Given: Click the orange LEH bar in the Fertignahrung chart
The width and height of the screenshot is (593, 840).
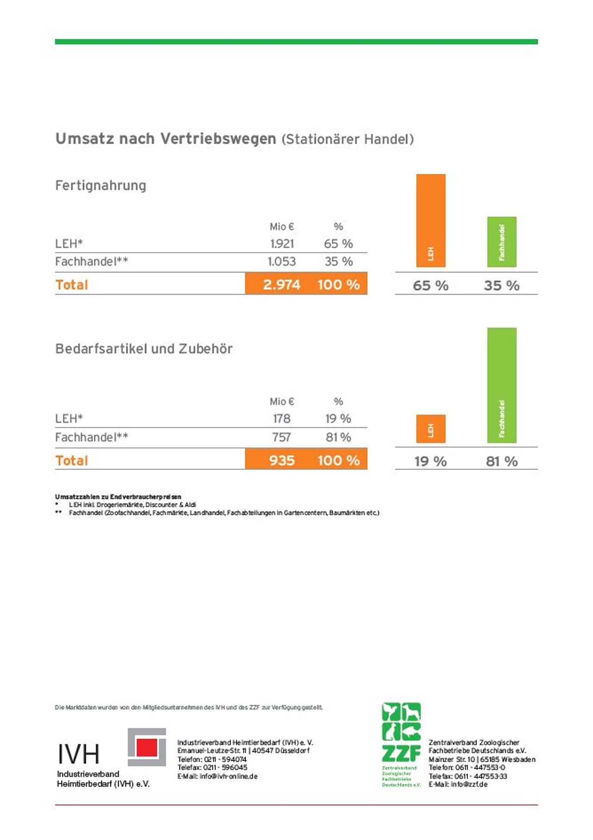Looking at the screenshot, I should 430,220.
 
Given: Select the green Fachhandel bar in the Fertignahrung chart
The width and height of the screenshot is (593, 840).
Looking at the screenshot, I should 501,241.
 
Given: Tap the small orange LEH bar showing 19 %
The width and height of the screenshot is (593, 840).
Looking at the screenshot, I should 430,429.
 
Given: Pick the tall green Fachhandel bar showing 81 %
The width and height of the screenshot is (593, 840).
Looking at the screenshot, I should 501,385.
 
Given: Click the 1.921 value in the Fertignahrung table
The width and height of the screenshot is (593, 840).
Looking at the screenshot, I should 282,244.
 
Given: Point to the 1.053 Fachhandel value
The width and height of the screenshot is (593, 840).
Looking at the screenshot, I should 282,262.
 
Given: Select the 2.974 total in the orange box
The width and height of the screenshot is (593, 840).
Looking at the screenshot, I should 282,284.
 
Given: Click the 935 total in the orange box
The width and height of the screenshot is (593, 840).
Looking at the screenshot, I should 282,461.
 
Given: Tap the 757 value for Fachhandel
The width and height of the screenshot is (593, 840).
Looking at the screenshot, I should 281,437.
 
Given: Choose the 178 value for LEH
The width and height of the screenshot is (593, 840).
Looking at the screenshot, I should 281,419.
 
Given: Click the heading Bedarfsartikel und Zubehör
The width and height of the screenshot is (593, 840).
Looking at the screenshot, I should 144,349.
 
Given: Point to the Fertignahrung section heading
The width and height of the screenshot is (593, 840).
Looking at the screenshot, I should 101,186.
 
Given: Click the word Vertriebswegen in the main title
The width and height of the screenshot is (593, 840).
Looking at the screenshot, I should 218,139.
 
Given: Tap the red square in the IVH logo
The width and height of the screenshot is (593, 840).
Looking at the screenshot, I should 147,747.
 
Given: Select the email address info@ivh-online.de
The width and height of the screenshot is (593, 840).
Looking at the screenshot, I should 228,777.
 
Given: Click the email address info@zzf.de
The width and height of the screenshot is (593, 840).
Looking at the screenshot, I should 469,784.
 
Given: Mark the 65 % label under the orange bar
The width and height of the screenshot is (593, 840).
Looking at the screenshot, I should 430,285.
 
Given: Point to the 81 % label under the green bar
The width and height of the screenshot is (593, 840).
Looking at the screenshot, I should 501,461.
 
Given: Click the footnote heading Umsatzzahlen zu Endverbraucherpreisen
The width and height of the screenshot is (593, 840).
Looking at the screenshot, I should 118,497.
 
